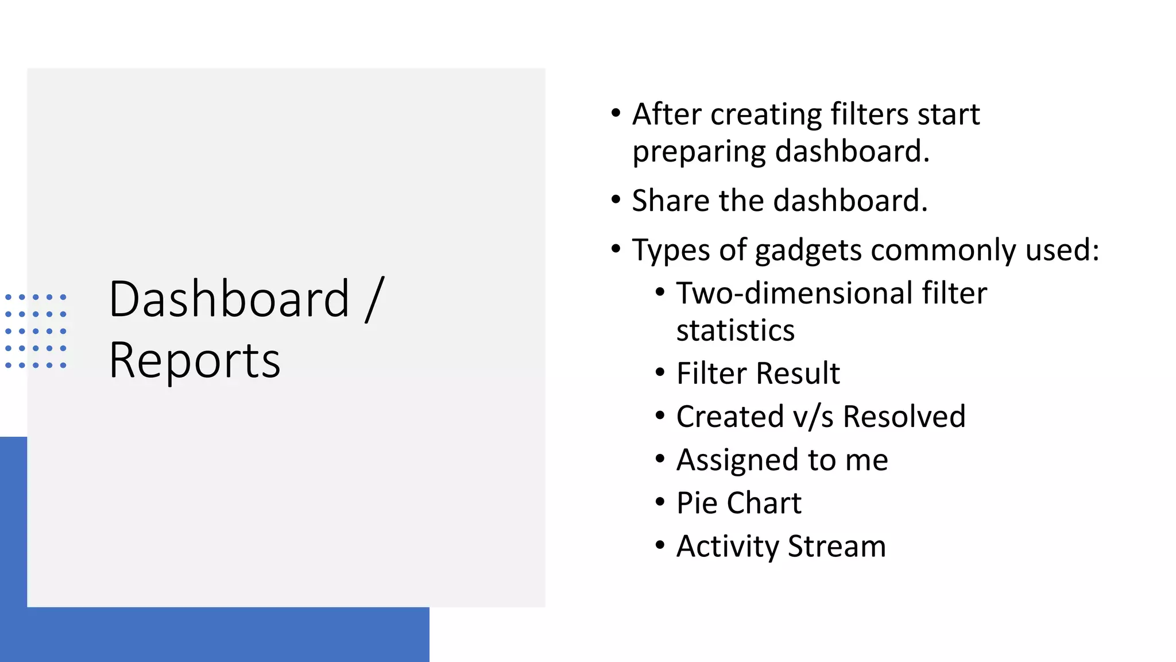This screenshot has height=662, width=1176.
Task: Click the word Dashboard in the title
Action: point(229,299)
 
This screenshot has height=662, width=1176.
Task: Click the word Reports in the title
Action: point(195,361)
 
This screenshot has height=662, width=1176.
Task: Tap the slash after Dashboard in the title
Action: point(374,299)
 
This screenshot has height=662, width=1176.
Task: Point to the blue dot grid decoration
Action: point(36,331)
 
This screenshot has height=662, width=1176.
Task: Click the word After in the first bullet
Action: point(666,114)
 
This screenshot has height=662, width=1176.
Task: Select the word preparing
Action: point(698,152)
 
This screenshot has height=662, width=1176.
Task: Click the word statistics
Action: point(736,330)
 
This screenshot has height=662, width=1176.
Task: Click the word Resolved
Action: point(904,417)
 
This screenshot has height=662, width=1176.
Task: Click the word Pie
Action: point(697,503)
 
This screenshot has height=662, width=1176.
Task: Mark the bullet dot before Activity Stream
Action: point(660,545)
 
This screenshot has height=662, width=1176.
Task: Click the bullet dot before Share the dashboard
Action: point(616,199)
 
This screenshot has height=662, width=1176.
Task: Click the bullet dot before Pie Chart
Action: point(660,502)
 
